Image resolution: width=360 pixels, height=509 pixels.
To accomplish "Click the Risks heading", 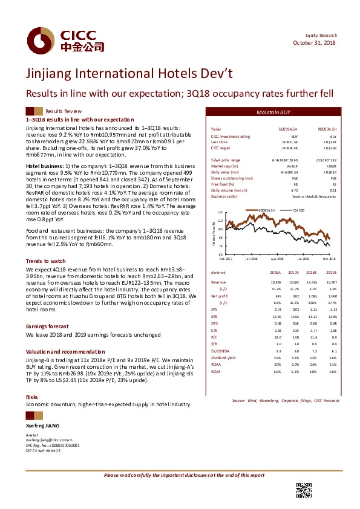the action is [31, 397].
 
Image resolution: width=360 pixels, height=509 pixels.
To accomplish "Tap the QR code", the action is [303, 491].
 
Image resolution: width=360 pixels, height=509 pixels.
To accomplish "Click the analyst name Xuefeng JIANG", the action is [45, 427].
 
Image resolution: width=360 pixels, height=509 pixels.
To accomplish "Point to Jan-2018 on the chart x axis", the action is [252, 258].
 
